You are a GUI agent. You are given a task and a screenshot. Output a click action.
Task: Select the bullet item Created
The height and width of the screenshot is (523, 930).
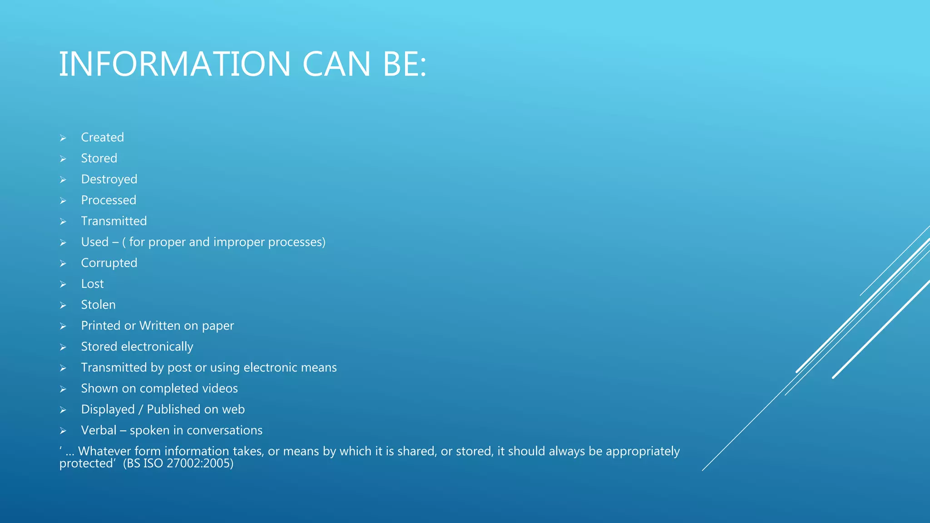click(x=102, y=137)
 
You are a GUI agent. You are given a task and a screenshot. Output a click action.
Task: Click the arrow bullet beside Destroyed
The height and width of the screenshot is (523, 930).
click(x=63, y=180)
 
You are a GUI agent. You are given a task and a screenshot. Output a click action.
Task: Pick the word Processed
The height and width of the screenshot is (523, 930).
click(x=109, y=200)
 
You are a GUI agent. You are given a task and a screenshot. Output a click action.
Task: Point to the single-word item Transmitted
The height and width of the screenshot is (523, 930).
click(x=114, y=221)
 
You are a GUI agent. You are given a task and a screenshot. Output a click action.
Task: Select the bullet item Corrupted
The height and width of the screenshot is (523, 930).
click(x=109, y=263)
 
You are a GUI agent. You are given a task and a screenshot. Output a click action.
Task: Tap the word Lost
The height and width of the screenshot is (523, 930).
click(x=92, y=284)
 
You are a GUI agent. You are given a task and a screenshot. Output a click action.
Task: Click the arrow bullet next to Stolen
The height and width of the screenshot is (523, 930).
click(x=63, y=306)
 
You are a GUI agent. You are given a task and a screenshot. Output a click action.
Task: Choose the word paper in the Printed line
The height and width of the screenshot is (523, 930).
click(x=218, y=326)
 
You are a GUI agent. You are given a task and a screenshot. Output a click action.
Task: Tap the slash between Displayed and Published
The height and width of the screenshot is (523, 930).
click(x=141, y=410)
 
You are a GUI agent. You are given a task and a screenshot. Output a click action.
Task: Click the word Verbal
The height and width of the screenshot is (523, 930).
click(x=99, y=430)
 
